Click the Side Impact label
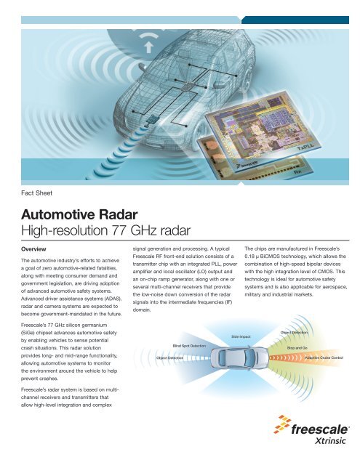pyautogui.click(x=241, y=336)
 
